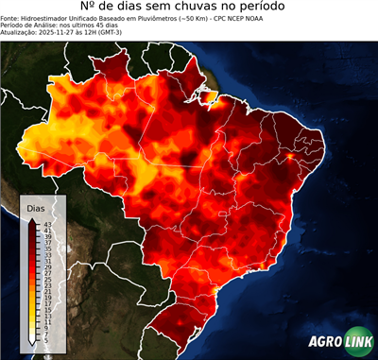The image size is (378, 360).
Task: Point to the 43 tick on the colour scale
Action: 47,223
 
